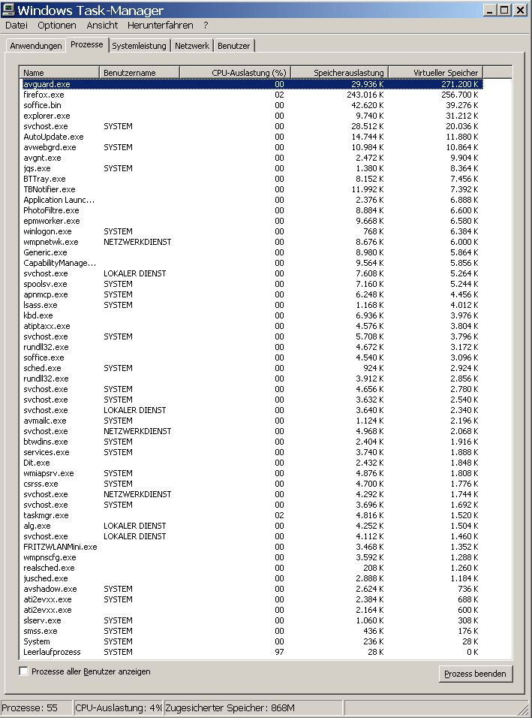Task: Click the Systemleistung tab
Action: [x=139, y=46]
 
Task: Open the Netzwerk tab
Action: [x=192, y=46]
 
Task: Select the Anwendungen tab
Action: [x=36, y=46]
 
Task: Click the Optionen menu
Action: [x=57, y=25]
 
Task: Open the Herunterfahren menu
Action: [x=160, y=25]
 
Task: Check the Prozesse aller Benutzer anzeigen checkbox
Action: [x=24, y=671]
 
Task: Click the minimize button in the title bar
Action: [x=489, y=10]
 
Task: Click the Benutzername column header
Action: [x=140, y=73]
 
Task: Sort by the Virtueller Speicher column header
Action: [x=434, y=73]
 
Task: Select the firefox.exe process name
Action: [x=44, y=95]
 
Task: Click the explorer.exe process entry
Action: [x=47, y=116]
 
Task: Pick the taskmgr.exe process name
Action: [x=46, y=515]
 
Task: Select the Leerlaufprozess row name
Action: [x=52, y=652]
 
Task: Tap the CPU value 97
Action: [x=279, y=652]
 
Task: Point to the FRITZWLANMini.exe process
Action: [x=60, y=547]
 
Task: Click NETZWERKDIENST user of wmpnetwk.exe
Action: [x=137, y=242]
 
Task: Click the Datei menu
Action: [x=16, y=25]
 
